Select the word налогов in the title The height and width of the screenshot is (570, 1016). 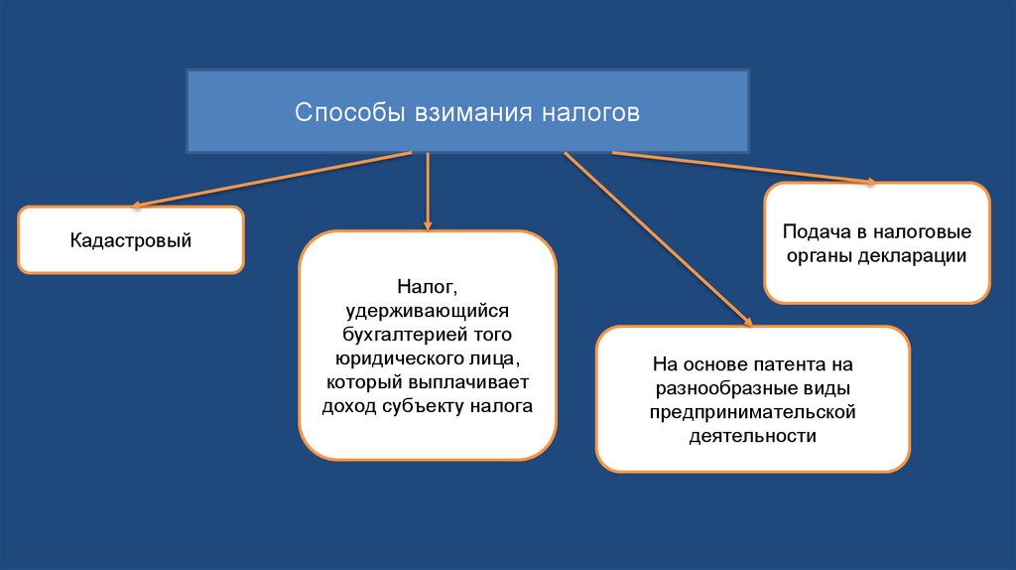tap(590, 111)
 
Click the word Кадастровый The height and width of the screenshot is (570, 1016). tap(130, 241)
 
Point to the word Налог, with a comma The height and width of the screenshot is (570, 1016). tap(428, 288)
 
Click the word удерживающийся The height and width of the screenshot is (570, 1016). tap(428, 312)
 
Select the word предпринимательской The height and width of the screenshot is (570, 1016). tap(752, 411)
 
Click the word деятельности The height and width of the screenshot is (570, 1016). tap(752, 435)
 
